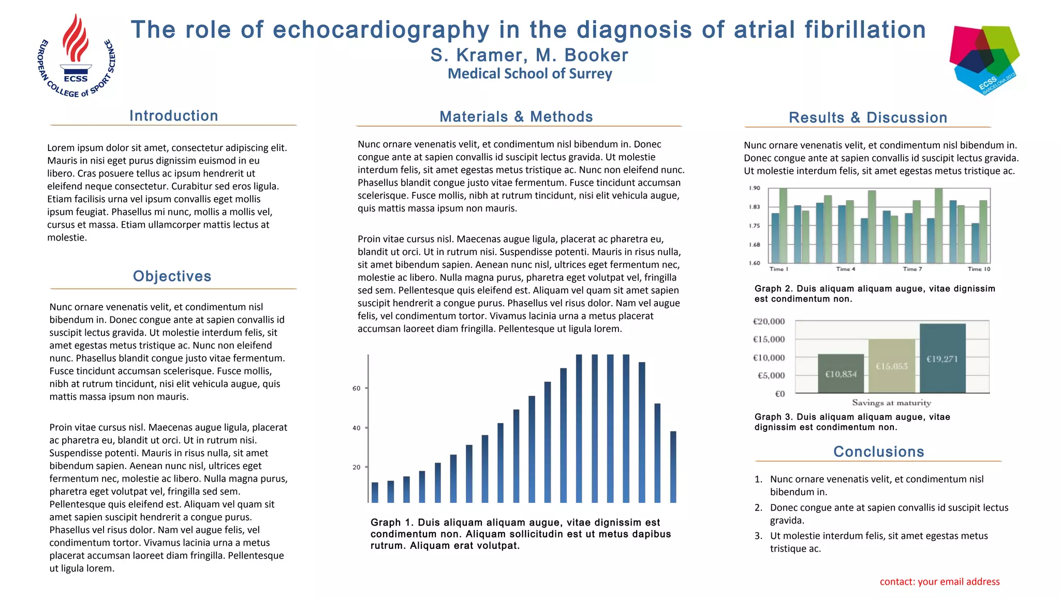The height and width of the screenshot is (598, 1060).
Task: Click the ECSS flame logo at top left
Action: click(x=77, y=56)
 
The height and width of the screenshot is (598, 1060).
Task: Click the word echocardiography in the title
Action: click(x=380, y=30)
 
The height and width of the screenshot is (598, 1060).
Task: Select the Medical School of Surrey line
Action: click(x=529, y=74)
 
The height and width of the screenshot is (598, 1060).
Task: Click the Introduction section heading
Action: click(x=174, y=116)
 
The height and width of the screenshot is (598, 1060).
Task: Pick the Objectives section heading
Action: click(x=172, y=276)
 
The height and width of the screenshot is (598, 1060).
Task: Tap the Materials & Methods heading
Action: click(x=516, y=117)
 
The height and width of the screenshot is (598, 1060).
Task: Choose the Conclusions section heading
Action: click(x=878, y=452)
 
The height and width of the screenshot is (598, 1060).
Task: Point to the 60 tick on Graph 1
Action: click(x=357, y=388)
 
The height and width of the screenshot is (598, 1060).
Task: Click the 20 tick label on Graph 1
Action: click(x=357, y=467)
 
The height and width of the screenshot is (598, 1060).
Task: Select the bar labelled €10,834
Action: click(x=841, y=373)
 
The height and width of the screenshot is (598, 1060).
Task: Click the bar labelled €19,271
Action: click(x=942, y=358)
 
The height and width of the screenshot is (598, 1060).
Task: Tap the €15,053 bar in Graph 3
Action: click(x=892, y=366)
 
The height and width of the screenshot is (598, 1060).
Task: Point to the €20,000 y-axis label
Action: click(x=769, y=322)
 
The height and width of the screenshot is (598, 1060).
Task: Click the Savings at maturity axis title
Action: click(x=891, y=403)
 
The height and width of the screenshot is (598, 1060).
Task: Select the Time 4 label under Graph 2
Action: click(x=846, y=269)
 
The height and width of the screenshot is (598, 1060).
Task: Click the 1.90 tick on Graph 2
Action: click(x=754, y=188)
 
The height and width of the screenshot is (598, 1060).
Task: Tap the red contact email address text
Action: click(x=939, y=582)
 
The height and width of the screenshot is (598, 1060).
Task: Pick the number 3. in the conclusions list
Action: click(x=758, y=536)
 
